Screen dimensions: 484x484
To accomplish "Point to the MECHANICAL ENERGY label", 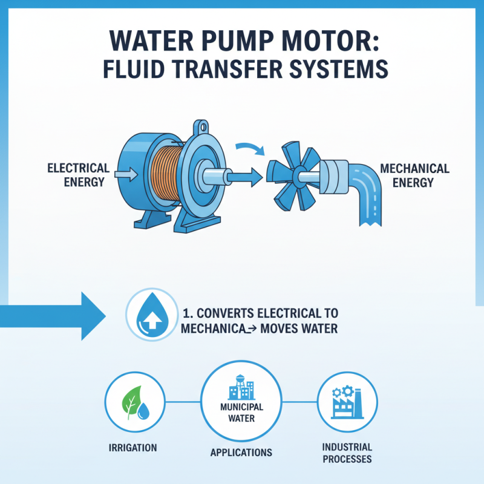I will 414,175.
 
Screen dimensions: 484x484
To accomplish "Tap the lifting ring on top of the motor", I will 201,129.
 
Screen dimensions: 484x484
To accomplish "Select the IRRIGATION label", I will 132,448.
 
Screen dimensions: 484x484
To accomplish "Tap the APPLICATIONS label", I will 241,452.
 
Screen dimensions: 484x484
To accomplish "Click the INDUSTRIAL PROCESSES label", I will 347,453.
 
